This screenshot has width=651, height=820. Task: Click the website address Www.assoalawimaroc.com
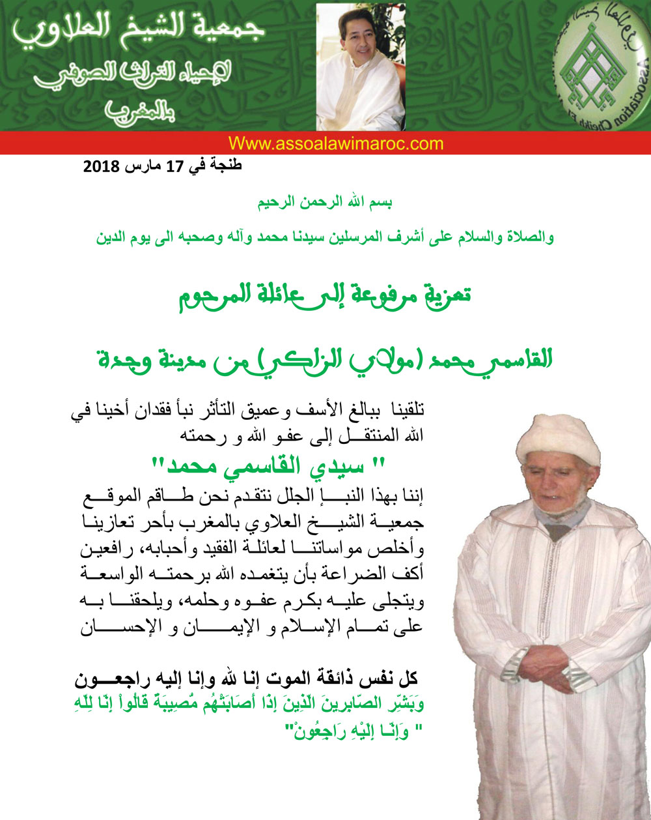(x=336, y=143)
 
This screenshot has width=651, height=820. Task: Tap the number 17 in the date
(x=172, y=166)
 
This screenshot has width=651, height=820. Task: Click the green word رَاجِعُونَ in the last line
(x=310, y=731)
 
